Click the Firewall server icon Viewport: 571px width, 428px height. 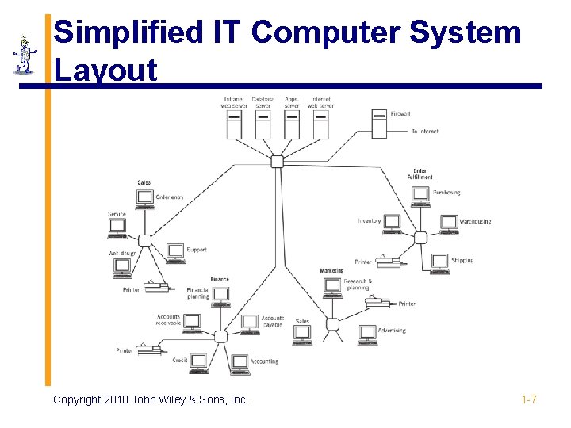[x=380, y=124]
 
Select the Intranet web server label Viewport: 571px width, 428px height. [x=234, y=102]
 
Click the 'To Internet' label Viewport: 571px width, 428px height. [x=425, y=131]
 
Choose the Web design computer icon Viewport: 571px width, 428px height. [x=122, y=266]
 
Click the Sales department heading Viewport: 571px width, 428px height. [x=144, y=182]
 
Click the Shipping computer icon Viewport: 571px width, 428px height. [x=439, y=262]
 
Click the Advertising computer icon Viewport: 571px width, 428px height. [x=367, y=333]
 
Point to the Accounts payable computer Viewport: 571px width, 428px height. [x=250, y=322]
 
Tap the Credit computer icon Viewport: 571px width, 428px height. [x=198, y=362]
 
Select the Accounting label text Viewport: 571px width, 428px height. [x=264, y=361]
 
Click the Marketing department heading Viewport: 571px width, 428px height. [x=331, y=271]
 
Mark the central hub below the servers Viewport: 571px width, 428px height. [x=277, y=162]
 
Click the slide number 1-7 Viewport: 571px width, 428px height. [x=529, y=399]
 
